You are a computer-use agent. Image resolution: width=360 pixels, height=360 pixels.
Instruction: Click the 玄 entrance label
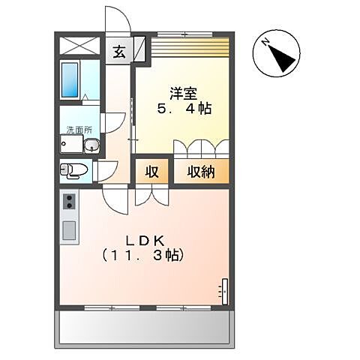[x=120, y=52]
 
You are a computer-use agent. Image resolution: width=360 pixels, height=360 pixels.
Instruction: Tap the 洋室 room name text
[x=183, y=93]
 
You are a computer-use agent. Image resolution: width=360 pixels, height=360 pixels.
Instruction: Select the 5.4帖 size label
[x=183, y=109]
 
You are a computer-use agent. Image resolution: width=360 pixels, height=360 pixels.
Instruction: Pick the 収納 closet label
[x=202, y=172]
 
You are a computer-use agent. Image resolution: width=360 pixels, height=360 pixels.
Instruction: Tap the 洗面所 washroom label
[x=74, y=130]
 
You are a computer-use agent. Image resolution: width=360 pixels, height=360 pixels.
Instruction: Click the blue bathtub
[x=70, y=79]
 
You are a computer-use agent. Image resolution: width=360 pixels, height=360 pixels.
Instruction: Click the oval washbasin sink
[x=90, y=145]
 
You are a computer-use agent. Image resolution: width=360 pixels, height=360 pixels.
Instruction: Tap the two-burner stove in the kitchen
[x=70, y=201]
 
